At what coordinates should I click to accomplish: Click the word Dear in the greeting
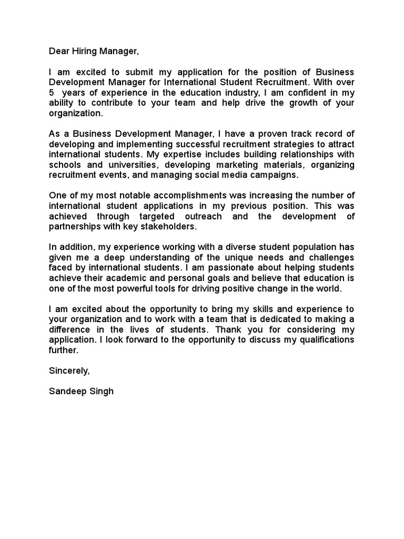pos(59,51)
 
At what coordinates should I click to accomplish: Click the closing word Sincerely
pos(69,370)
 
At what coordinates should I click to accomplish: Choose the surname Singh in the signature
pos(102,391)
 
